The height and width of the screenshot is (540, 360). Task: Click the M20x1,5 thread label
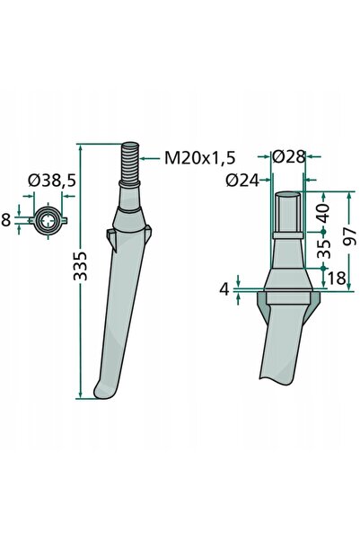tap(200, 158)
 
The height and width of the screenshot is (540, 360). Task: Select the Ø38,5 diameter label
tap(52, 181)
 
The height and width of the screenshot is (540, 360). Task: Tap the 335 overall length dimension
tap(81, 266)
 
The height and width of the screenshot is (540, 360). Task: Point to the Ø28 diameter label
tap(288, 157)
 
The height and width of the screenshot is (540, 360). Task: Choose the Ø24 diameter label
tap(242, 180)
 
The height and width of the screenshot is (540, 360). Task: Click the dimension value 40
tap(323, 212)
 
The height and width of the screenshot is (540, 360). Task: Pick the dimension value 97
tap(349, 236)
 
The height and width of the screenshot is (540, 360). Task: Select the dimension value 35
tap(323, 249)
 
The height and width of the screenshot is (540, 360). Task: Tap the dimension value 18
tap(337, 279)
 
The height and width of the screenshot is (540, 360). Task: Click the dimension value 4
tap(224, 289)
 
